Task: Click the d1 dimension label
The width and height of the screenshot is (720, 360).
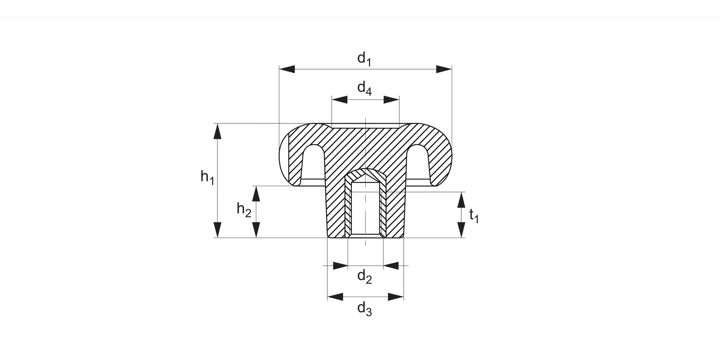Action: [x=364, y=59]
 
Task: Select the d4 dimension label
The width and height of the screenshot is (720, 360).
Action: [x=364, y=89]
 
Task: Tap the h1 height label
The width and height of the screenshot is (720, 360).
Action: [x=207, y=178]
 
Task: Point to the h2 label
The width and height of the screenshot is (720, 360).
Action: [x=244, y=210]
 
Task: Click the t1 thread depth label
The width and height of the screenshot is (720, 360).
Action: [x=474, y=216]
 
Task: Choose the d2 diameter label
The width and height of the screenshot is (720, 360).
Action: [x=365, y=277]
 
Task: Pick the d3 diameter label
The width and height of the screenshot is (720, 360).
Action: [x=365, y=309]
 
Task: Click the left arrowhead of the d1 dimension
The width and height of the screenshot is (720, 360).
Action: [x=287, y=69]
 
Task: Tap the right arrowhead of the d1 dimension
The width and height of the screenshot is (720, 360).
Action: [x=444, y=69]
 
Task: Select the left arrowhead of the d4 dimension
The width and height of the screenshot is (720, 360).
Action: [x=339, y=100]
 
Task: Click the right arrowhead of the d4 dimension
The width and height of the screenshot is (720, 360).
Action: [x=391, y=100]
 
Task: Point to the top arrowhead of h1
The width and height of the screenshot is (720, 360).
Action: [x=218, y=131]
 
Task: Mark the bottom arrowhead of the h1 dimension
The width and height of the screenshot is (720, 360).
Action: [x=218, y=230]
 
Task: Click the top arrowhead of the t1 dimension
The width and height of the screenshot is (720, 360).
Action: [x=461, y=200]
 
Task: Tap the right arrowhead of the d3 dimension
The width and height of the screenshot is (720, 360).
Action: [x=396, y=297]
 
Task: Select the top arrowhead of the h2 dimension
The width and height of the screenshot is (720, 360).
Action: [x=256, y=193]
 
